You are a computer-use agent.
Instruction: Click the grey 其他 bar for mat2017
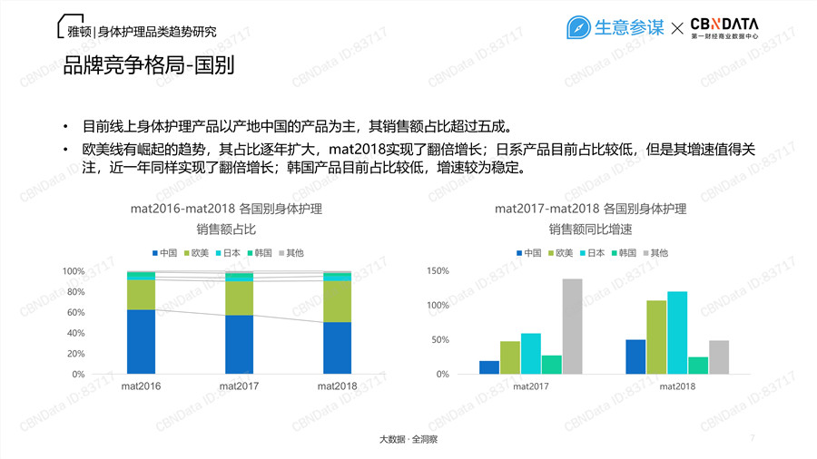click(x=572, y=327)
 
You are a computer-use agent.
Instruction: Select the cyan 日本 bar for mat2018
click(x=677, y=333)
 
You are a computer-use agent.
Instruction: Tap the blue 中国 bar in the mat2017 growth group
click(x=489, y=367)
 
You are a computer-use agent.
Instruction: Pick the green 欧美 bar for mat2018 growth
click(x=656, y=337)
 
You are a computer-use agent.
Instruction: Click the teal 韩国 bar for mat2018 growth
click(x=698, y=366)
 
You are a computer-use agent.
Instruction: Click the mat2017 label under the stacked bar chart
click(x=239, y=387)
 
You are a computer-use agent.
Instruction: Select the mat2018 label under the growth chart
click(x=677, y=387)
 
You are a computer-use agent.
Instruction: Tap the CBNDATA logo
click(x=723, y=28)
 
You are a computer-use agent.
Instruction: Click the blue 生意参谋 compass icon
click(x=578, y=28)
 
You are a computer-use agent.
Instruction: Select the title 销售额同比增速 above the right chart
click(x=591, y=229)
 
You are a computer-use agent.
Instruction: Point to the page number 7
click(x=753, y=438)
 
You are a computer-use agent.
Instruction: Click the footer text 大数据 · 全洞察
click(x=408, y=439)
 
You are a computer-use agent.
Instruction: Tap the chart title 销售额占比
click(x=225, y=229)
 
